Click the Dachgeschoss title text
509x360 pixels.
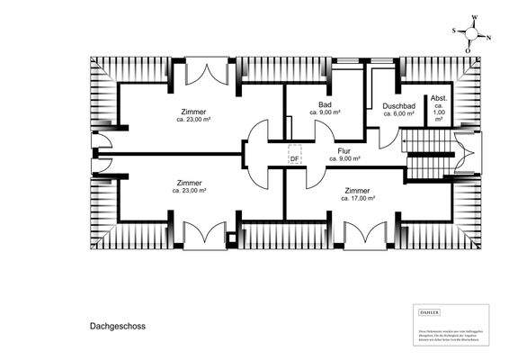117,328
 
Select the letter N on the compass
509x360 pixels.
488,38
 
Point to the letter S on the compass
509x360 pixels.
454,31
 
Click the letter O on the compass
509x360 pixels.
468,51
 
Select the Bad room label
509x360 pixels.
325,104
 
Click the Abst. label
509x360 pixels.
439,97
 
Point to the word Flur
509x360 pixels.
344,150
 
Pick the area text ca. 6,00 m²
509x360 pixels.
398,113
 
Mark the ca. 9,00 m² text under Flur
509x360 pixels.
344,158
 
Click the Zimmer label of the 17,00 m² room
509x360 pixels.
357,190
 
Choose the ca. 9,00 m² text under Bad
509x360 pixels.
325,112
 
